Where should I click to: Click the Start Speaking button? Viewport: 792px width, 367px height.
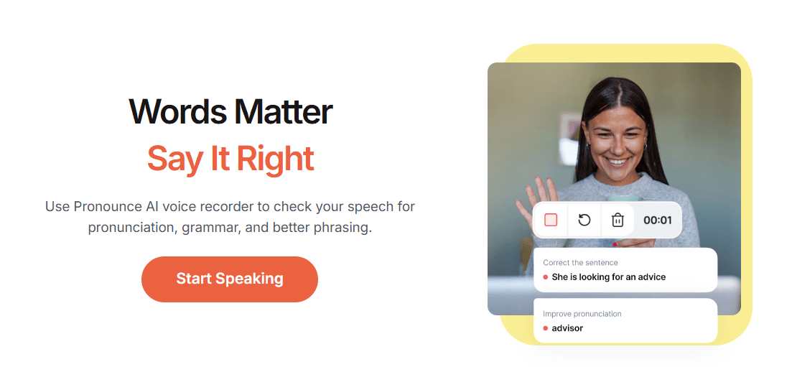(x=229, y=279)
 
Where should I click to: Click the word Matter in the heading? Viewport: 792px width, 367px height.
(x=279, y=111)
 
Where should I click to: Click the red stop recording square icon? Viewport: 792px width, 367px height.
(x=551, y=220)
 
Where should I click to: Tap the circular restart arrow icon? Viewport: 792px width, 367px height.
(x=584, y=220)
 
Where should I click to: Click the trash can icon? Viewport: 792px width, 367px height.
(x=618, y=220)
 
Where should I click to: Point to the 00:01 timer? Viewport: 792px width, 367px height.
(x=658, y=220)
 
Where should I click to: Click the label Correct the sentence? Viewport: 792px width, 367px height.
(x=580, y=262)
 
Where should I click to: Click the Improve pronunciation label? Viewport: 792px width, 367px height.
(x=582, y=314)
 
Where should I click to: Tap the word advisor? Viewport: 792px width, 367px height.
(x=567, y=328)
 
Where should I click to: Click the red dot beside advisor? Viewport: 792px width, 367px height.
(x=546, y=329)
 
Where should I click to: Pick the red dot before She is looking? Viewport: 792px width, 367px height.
(x=546, y=277)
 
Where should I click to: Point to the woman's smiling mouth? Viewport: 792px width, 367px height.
(x=617, y=161)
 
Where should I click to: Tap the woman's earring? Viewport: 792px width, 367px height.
(x=645, y=146)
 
